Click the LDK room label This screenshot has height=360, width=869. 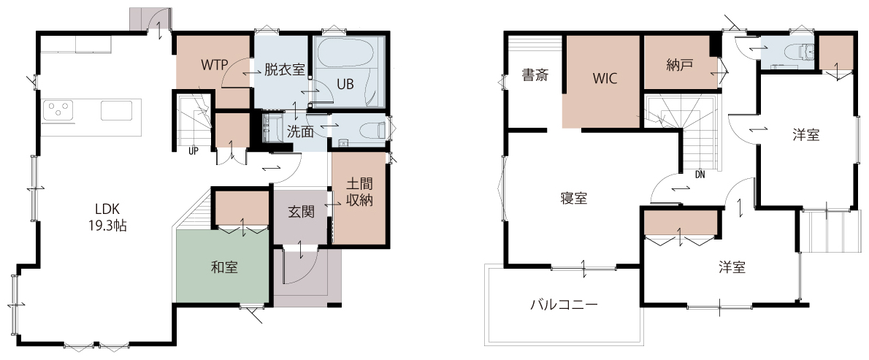pyautogui.click(x=107, y=209)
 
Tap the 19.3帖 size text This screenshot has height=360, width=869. pyautogui.click(x=107, y=226)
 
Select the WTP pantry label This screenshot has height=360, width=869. pyautogui.click(x=215, y=65)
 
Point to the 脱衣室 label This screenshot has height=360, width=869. pyautogui.click(x=285, y=70)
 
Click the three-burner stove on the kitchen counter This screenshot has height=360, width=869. pyautogui.click(x=58, y=110)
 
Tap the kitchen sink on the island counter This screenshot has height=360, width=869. pyautogui.click(x=116, y=110)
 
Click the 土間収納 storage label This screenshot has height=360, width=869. pyautogui.click(x=359, y=191)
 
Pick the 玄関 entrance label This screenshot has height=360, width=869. pyautogui.click(x=301, y=212)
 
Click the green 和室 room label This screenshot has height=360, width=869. pyautogui.click(x=224, y=267)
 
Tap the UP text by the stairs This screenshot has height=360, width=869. pyautogui.click(x=194, y=150)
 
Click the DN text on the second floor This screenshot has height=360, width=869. pyautogui.click(x=700, y=175)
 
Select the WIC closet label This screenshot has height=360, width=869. pyautogui.click(x=605, y=79)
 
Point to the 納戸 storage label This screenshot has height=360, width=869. pyautogui.click(x=679, y=65)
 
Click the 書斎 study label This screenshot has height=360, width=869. pyautogui.click(x=535, y=75)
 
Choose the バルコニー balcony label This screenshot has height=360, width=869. pyautogui.click(x=564, y=304)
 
